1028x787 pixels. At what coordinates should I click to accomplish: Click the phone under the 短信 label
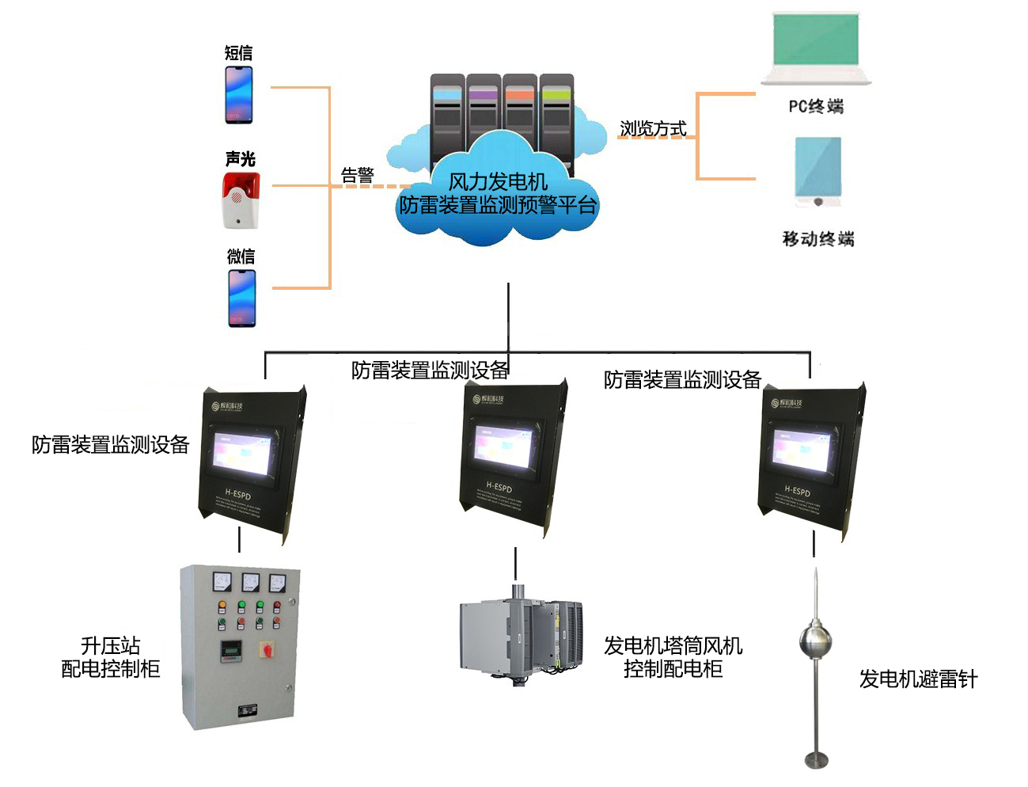pos(239,95)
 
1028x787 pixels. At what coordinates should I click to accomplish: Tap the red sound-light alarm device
pos(241,200)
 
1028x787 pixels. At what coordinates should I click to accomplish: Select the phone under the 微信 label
pos(242,298)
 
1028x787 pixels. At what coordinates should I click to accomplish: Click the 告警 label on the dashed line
pos(357,175)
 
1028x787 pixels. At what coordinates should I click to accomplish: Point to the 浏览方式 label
pos(653,128)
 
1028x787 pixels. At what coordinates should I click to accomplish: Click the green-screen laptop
pos(815,48)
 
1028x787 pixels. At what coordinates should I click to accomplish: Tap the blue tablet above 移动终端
pos(818,170)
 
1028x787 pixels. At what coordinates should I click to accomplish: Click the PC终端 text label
pos(816,106)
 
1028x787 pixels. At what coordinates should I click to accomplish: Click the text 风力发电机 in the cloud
pos(498,181)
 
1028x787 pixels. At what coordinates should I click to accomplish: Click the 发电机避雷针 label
pos(918,679)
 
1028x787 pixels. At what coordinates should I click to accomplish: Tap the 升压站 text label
pos(111,645)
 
